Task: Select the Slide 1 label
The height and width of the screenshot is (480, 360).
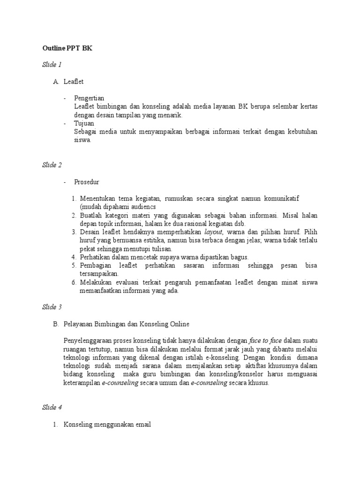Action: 52,64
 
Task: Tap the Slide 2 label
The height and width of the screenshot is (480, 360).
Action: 52,165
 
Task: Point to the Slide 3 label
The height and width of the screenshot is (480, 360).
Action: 52,307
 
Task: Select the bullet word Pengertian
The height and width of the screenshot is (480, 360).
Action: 89,98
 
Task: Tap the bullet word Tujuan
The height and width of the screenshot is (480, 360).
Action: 84,123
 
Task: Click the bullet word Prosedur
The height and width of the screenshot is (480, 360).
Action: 87,182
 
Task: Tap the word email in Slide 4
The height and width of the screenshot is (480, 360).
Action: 142,425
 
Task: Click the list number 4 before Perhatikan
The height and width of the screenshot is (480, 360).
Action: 74,257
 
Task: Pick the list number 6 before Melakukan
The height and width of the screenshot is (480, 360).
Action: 74,283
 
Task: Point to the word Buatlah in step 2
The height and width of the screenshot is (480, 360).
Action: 91,215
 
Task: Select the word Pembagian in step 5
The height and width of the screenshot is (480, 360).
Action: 96,266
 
